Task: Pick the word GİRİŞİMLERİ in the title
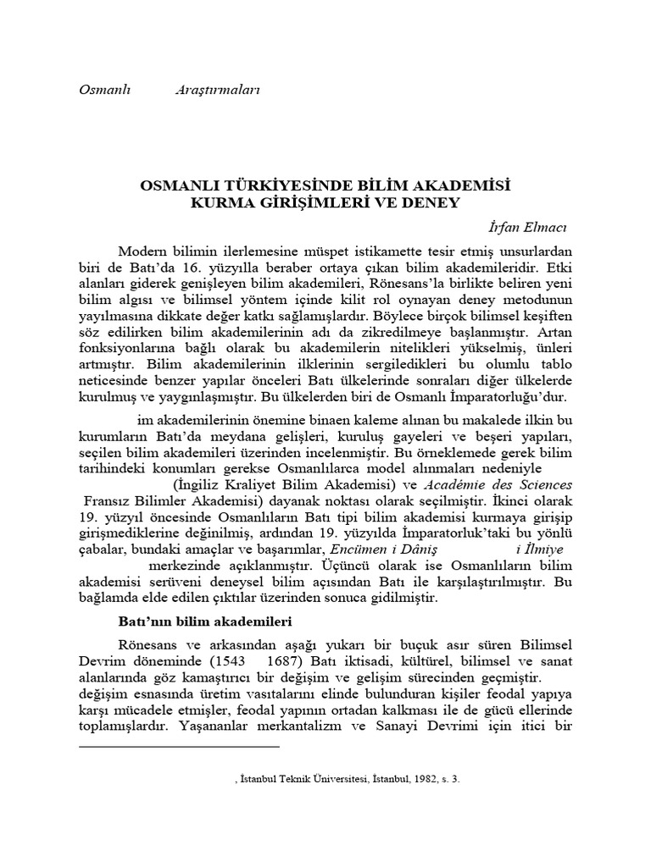[x=326, y=203]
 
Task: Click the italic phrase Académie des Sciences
[x=498, y=484]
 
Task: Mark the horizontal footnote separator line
[x=178, y=746]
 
